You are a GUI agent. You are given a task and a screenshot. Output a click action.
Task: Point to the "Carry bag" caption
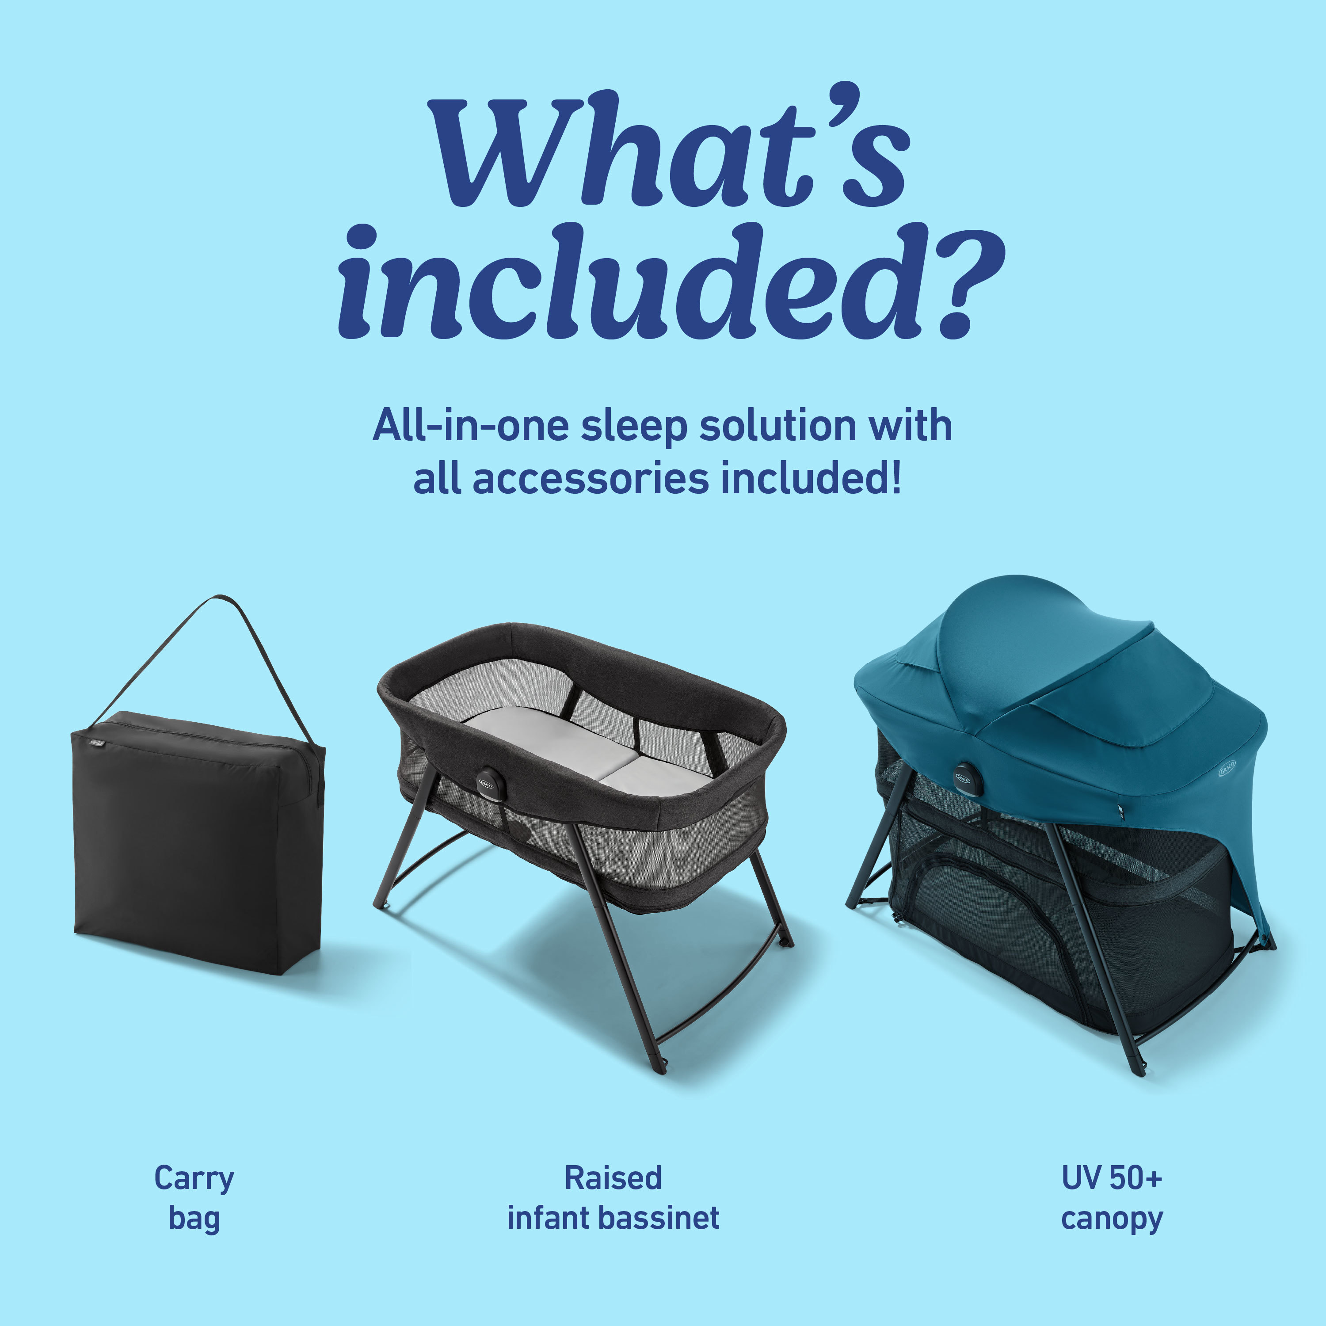pos(194,1198)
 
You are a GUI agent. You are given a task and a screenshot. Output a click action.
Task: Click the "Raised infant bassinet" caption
pos(613,1198)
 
